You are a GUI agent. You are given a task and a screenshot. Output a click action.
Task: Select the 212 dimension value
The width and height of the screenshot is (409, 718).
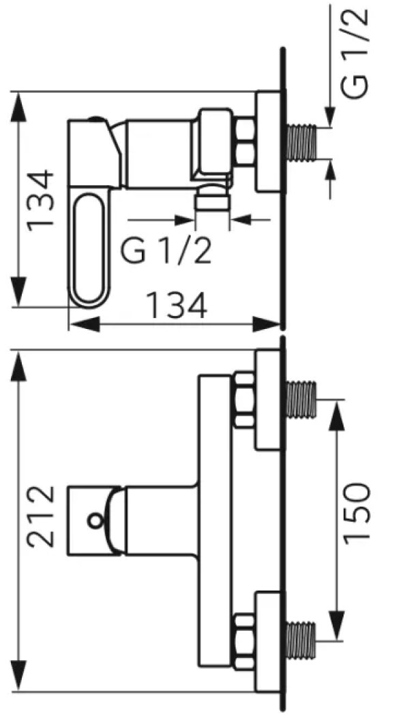click(42, 516)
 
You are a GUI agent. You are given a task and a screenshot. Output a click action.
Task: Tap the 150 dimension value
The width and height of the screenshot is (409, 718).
click(356, 512)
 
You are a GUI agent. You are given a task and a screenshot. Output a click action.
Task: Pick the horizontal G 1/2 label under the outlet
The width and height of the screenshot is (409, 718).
click(167, 253)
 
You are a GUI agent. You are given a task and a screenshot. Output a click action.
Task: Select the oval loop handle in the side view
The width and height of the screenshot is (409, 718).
click(89, 248)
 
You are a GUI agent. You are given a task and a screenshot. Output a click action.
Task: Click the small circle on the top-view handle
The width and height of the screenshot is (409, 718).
click(93, 521)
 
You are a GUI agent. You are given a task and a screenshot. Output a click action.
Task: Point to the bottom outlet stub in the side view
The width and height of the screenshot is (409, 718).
click(211, 202)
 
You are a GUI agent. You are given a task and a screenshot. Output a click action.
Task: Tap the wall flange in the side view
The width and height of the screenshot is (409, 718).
click(268, 142)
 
